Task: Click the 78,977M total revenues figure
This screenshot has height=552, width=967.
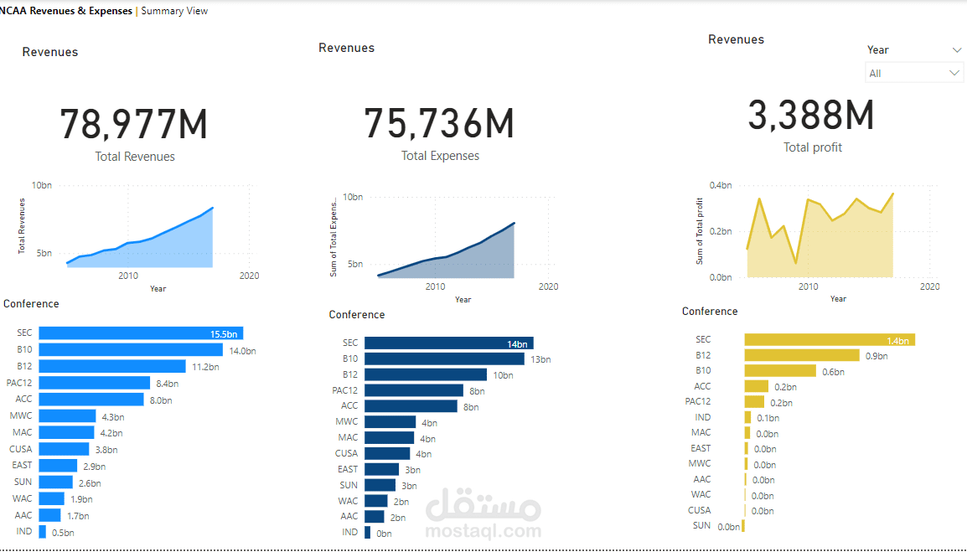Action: tap(133, 125)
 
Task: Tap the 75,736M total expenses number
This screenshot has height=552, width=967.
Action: tap(439, 124)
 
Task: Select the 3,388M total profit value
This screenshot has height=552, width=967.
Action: tap(811, 116)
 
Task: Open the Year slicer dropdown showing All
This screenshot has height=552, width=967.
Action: tap(914, 74)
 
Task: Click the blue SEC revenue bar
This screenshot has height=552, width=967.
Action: tap(141, 333)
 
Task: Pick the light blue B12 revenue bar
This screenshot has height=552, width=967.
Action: tap(112, 366)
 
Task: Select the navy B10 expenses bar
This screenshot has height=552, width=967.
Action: tap(444, 359)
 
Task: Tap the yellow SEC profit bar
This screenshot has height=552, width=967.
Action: tap(829, 339)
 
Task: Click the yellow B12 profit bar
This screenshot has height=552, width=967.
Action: tap(802, 355)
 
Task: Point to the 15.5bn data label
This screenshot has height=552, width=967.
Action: tap(225, 334)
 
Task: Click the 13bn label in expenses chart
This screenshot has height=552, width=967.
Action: tap(540, 359)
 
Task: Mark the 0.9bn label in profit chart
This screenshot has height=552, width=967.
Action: tap(877, 356)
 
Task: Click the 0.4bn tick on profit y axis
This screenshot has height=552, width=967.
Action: tap(721, 185)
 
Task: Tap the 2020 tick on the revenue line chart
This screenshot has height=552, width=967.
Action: tap(249, 276)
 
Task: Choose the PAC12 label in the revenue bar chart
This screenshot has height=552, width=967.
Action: tap(18, 383)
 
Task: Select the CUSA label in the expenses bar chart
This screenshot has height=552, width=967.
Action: tap(347, 453)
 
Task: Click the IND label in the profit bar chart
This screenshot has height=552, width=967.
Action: tap(702, 417)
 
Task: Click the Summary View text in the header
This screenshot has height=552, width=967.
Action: tap(174, 11)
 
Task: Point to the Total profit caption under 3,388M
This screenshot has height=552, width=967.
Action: tap(813, 147)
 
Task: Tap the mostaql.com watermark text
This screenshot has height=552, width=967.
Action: tap(483, 530)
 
